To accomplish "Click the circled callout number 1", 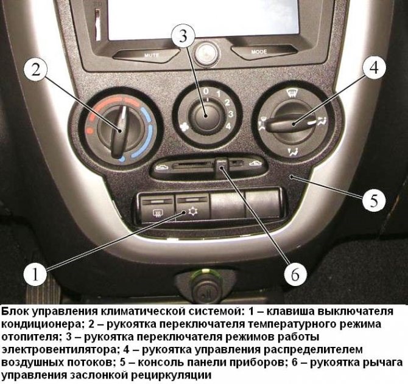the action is point(35,274).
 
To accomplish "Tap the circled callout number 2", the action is point(36,69).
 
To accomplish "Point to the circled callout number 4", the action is point(374,67).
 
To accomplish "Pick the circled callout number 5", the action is point(374,200).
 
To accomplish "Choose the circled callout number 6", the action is point(295,274).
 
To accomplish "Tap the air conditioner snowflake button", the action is point(193,209).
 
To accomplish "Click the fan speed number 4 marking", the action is point(228,126).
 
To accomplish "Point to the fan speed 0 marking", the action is point(206,91).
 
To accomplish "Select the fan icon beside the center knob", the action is point(185,127).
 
